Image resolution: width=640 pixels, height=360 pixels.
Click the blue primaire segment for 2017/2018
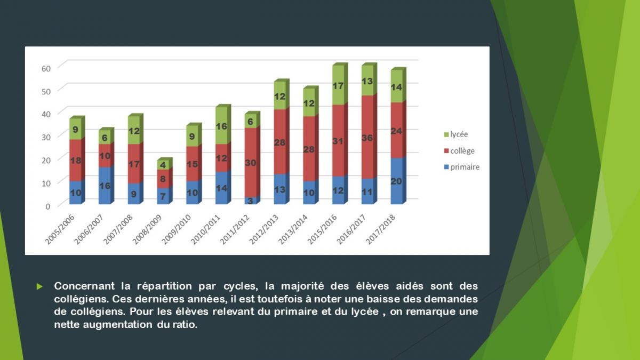[397, 181]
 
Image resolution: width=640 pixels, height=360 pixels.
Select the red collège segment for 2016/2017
[367, 138]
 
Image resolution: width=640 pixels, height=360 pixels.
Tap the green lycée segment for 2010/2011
[222, 126]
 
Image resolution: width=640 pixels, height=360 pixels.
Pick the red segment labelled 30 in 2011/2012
[251, 163]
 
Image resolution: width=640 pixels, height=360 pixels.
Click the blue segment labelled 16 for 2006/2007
[105, 186]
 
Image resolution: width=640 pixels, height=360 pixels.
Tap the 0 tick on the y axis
[48, 205]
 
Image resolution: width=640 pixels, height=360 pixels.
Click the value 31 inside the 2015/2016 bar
[338, 141]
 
